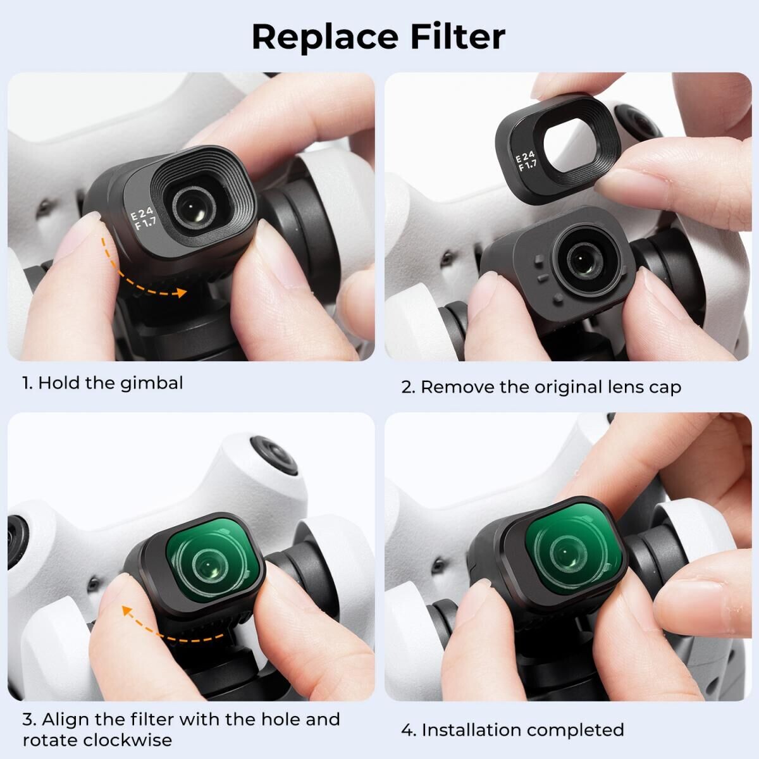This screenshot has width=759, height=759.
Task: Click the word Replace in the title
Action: click(325, 38)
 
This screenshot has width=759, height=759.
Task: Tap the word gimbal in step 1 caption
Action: click(151, 383)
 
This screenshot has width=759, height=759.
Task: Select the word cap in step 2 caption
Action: click(665, 388)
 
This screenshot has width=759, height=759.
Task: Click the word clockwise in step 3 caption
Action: click(128, 740)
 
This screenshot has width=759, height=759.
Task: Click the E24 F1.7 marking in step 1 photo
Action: click(144, 219)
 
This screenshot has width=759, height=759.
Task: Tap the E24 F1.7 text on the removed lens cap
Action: click(526, 161)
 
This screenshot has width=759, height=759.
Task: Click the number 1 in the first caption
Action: click(26, 383)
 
